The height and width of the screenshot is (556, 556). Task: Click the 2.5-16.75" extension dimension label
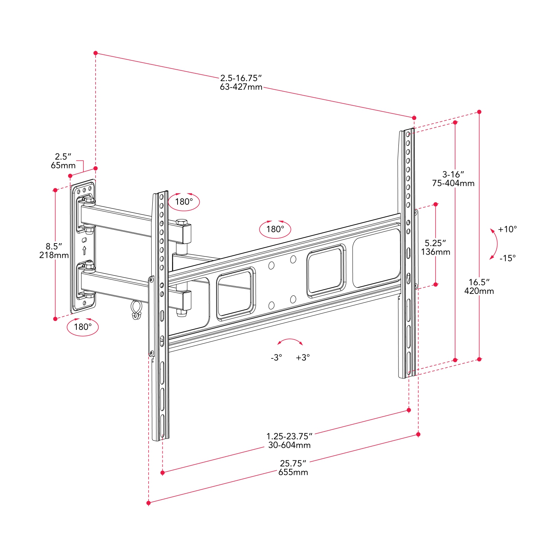pyautogui.click(x=241, y=78)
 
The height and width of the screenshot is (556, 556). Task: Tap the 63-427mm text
pyautogui.click(x=241, y=87)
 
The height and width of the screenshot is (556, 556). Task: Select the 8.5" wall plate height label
pyautogui.click(x=54, y=246)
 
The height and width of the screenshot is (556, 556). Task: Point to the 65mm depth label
pyautogui.click(x=63, y=166)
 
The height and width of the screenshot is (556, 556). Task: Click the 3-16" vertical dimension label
pyautogui.click(x=453, y=174)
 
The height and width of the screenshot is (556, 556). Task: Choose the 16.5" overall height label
pyautogui.click(x=479, y=282)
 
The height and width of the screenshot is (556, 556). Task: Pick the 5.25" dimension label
pyautogui.click(x=435, y=243)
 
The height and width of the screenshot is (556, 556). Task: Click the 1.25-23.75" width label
pyautogui.click(x=289, y=436)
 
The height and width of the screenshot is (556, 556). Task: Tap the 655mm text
pyautogui.click(x=293, y=472)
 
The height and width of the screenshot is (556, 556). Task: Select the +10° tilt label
pyautogui.click(x=507, y=229)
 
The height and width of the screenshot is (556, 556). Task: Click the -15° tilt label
pyautogui.click(x=507, y=258)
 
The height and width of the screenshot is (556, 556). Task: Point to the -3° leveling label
pyautogui.click(x=276, y=358)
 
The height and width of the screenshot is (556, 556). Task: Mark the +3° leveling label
pyautogui.click(x=303, y=358)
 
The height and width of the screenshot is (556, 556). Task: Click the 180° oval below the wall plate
pyautogui.click(x=83, y=327)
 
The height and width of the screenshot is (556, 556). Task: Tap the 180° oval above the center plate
pyautogui.click(x=275, y=229)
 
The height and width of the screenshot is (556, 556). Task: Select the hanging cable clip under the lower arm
pyautogui.click(x=136, y=310)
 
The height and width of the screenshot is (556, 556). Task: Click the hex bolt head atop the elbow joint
pyautogui.click(x=182, y=222)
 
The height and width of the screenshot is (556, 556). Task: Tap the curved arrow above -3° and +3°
pyautogui.click(x=290, y=341)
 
